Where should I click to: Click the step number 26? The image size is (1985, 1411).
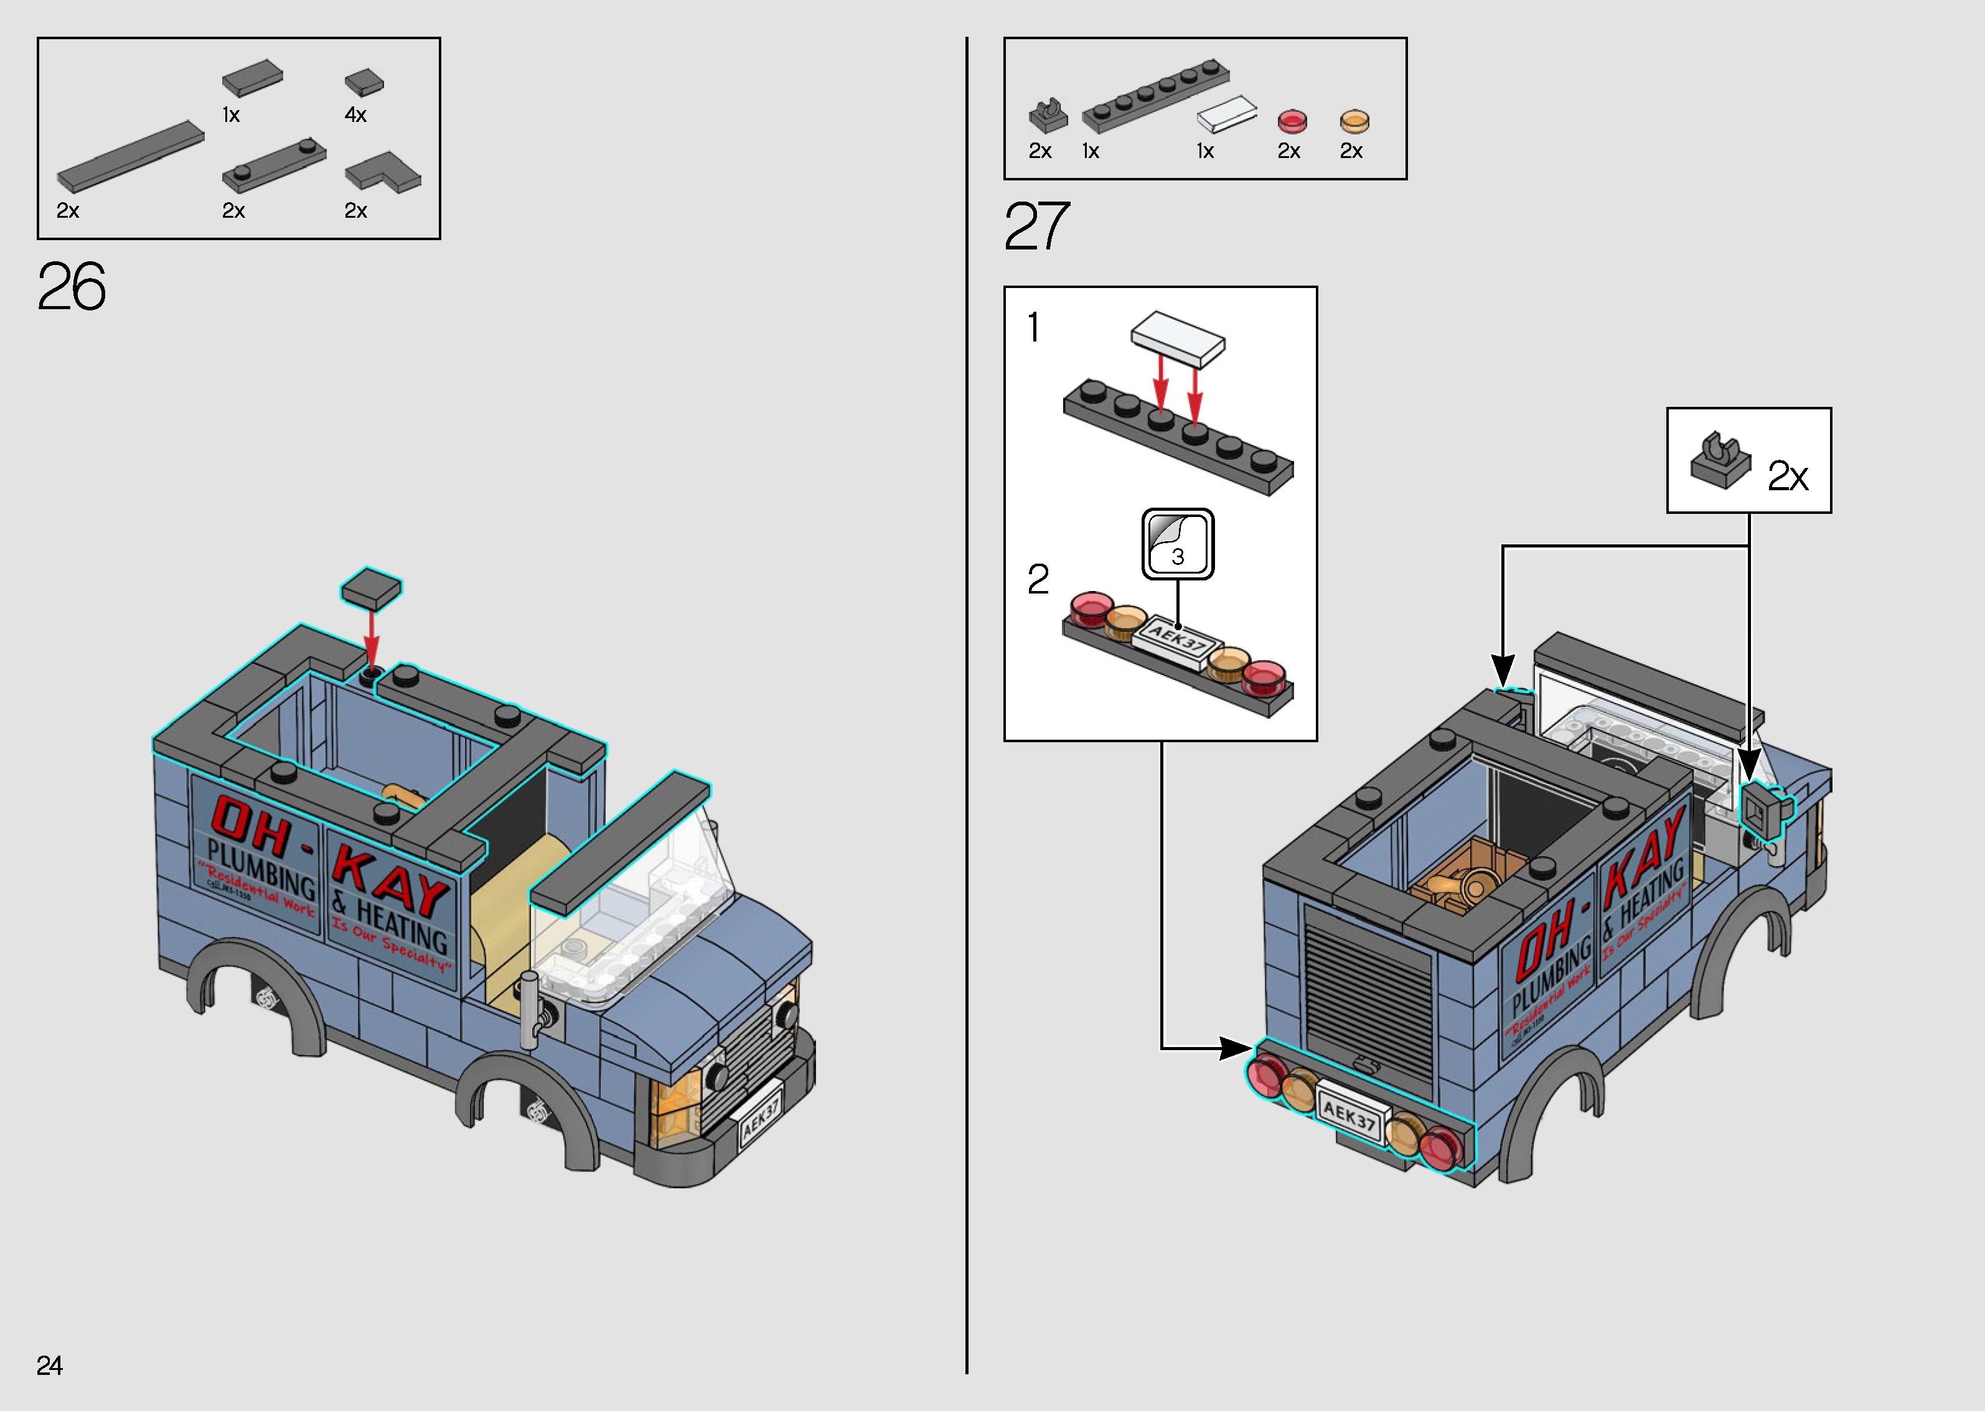[x=71, y=287]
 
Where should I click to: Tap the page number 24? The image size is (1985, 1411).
[x=50, y=1366]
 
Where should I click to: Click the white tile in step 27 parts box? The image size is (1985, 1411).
[x=1226, y=114]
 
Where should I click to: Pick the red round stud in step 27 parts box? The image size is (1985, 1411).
[x=1292, y=121]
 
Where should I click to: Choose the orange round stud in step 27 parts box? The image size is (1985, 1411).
[x=1354, y=121]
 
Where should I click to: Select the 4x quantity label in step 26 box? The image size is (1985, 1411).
[x=355, y=114]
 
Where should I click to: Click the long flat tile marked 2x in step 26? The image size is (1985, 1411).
[x=130, y=156]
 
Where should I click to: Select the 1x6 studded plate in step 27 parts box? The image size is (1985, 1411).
[x=1155, y=96]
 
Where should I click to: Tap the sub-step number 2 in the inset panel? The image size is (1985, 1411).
[x=1038, y=580]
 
